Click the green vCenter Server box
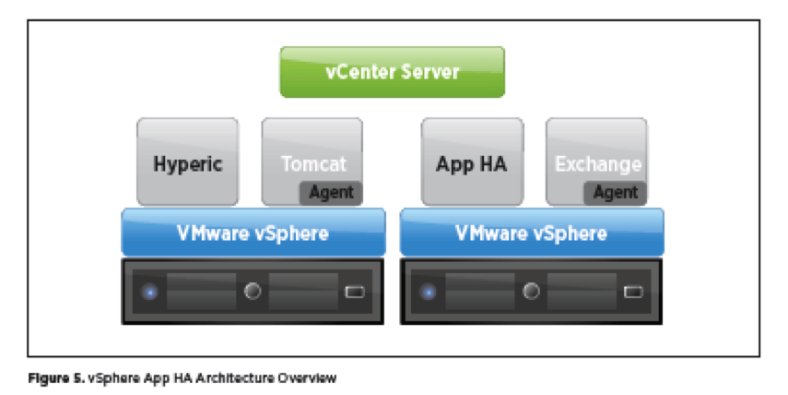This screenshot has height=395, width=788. point(392,72)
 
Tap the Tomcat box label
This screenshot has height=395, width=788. point(313,164)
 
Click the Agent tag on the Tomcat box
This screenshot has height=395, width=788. point(332,193)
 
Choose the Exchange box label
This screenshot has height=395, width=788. point(597,164)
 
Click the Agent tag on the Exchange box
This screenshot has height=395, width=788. point(616,193)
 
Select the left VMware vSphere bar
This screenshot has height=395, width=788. point(253,233)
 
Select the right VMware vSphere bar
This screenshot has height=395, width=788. point(531,233)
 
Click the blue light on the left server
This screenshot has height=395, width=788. point(149,293)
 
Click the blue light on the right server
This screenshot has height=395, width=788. point(428,293)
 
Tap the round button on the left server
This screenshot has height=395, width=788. point(253,292)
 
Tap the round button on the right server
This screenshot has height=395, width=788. point(531,292)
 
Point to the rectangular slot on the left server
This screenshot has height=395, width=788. point(354,293)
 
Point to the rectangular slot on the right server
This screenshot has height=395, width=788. point(632,293)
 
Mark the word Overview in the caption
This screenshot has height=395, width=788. point(307,377)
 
